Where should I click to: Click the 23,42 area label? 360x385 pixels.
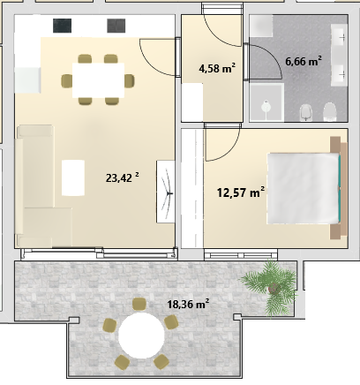pos(122,177)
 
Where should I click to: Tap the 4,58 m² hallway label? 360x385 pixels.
pos(217,68)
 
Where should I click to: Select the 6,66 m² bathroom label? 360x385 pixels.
pos(304,61)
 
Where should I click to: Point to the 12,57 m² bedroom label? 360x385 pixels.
pos(241,192)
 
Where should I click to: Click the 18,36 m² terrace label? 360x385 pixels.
pos(188,304)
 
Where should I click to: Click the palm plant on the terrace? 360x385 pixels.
pos(272,287)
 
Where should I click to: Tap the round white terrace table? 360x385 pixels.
pos(141,336)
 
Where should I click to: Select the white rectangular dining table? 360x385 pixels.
pos(99,80)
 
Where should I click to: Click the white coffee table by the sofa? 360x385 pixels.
pos(73,177)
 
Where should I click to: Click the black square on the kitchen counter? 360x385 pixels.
pos(62,26)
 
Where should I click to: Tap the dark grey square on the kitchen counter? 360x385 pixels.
pos(116,26)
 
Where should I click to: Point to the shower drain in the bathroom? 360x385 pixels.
pos(266,106)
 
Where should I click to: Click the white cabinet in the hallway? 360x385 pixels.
pos(192,102)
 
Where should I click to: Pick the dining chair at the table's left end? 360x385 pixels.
pos(67,80)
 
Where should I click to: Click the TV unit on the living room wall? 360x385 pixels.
pos(166,192)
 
